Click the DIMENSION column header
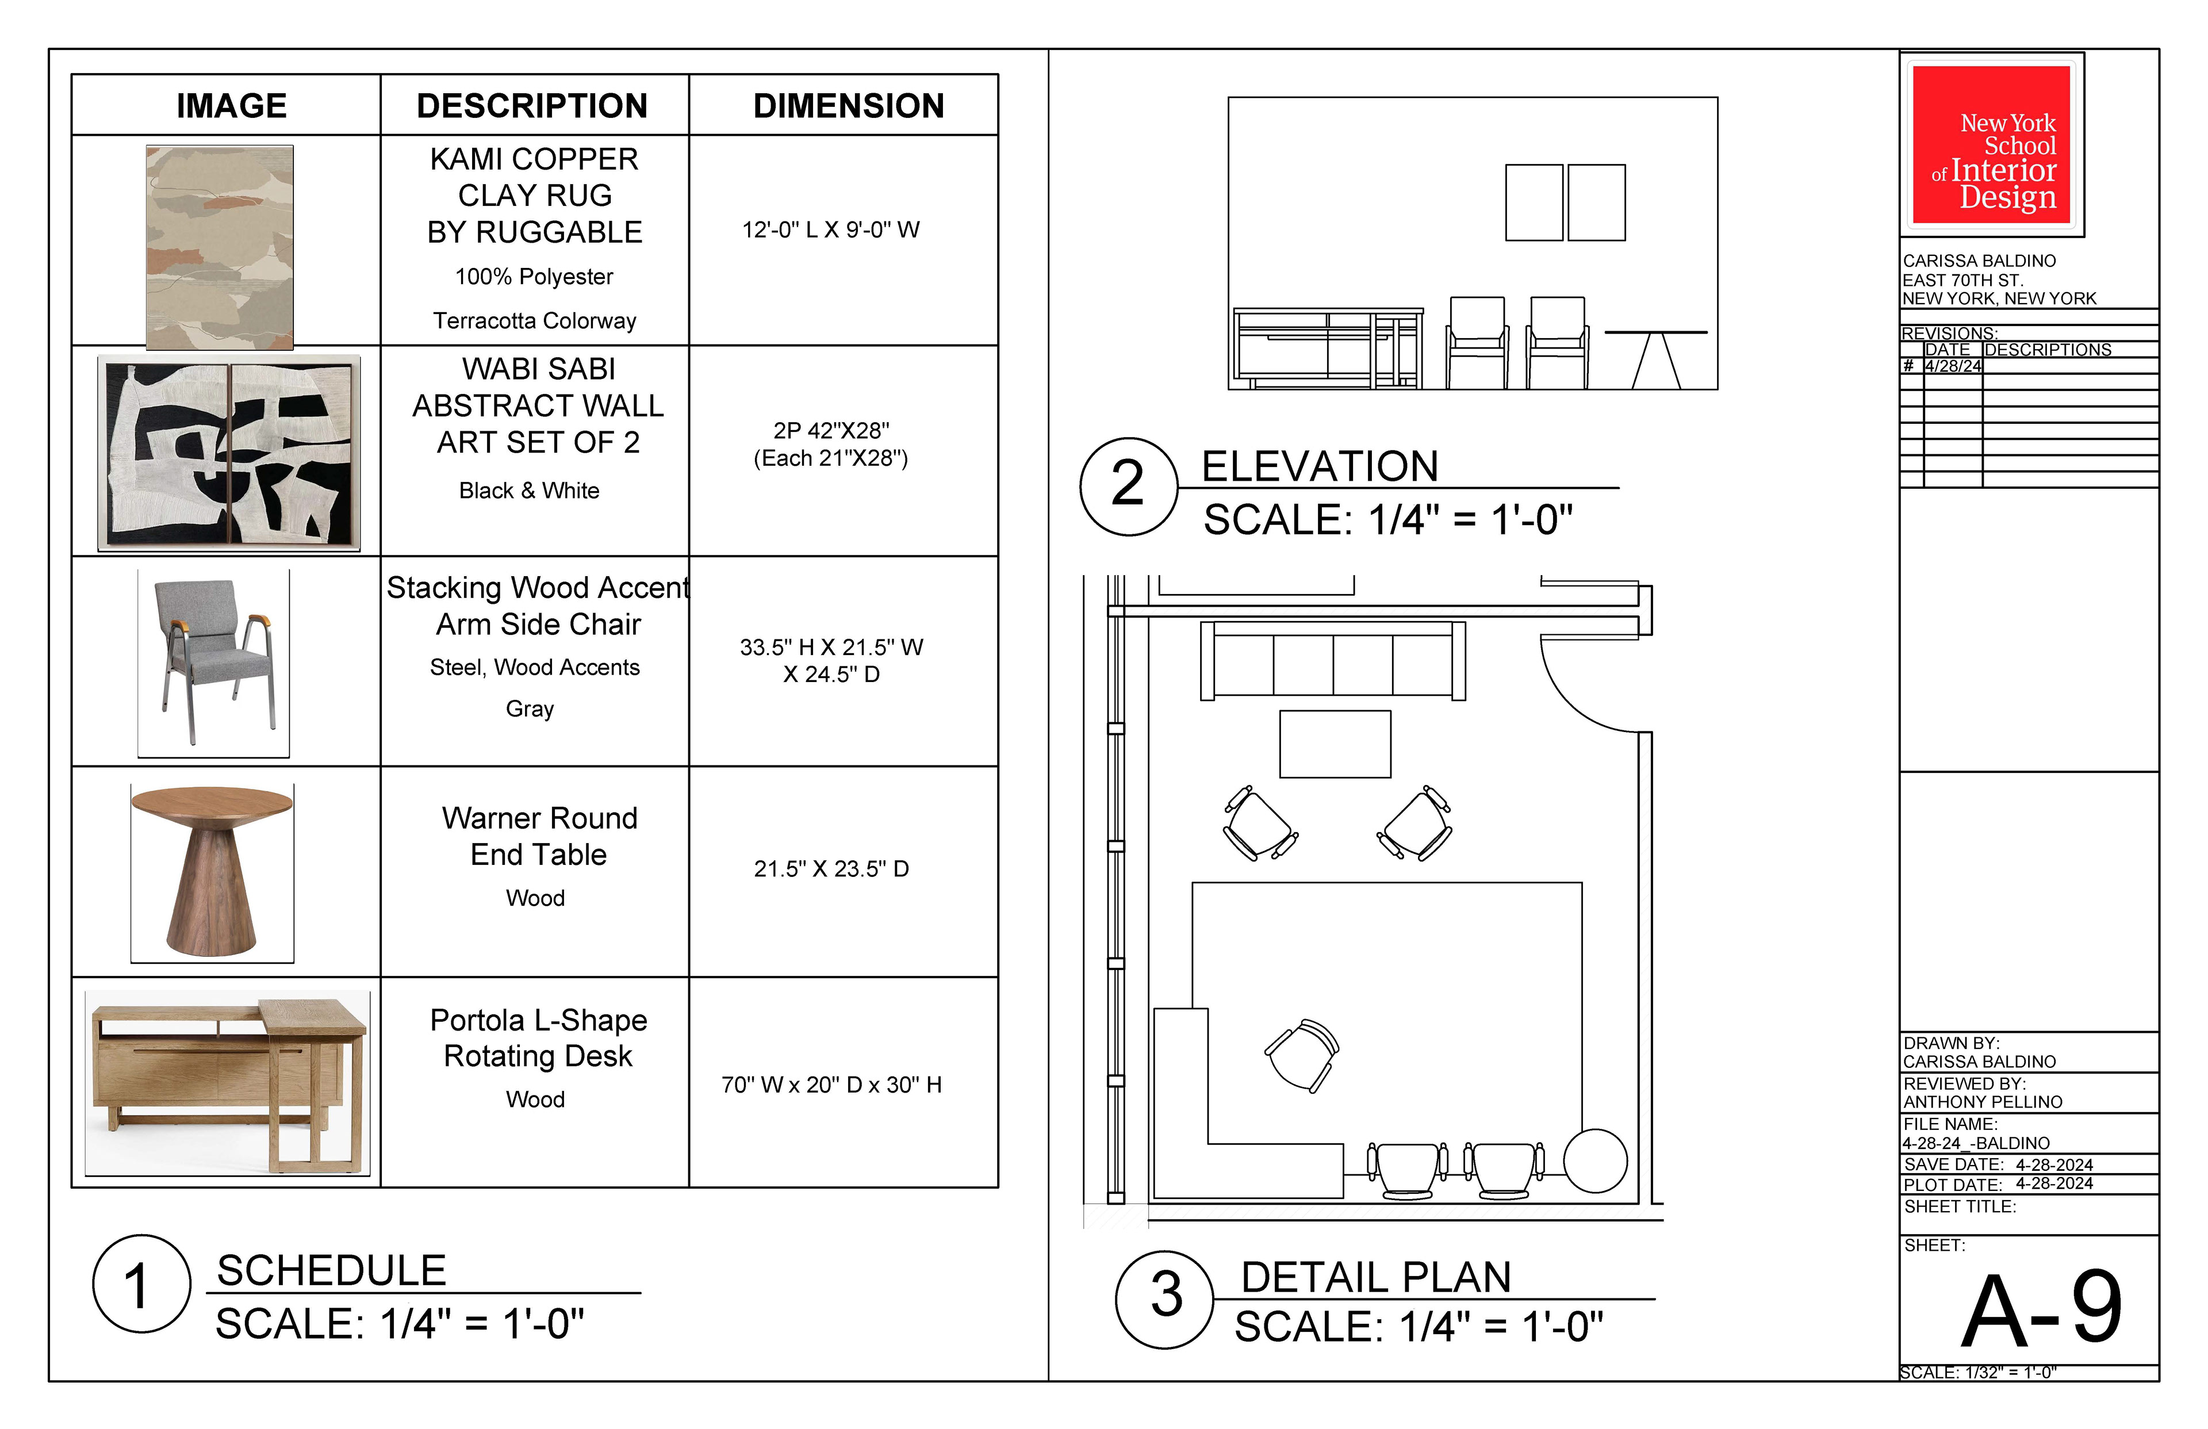[x=848, y=106]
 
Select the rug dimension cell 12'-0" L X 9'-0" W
[x=830, y=229]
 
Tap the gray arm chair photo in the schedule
[x=213, y=662]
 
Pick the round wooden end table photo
[x=212, y=872]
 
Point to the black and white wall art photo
[x=229, y=453]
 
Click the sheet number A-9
[x=2041, y=1310]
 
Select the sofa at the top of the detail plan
[x=1333, y=661]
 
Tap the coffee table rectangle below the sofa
[x=1335, y=744]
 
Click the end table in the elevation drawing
[x=1656, y=360]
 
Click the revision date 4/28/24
[x=1953, y=366]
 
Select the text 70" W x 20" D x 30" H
[x=831, y=1085]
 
